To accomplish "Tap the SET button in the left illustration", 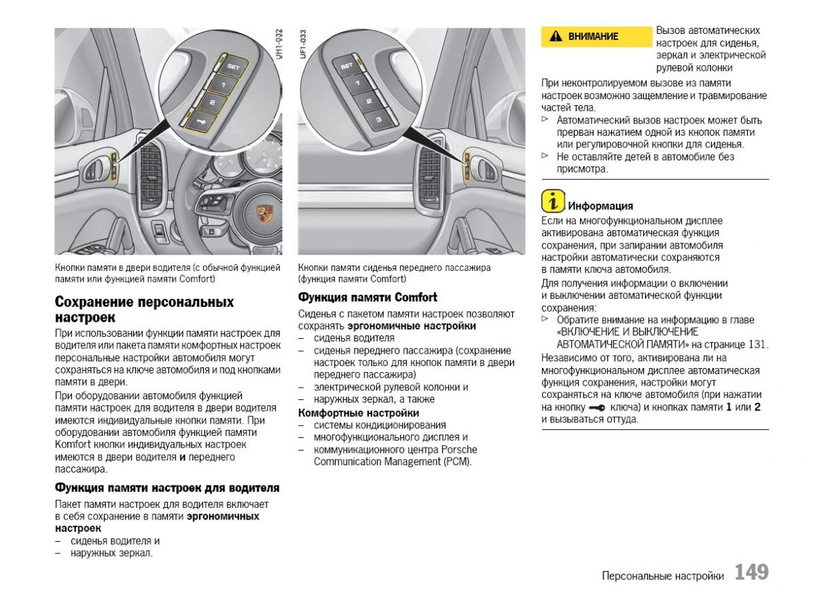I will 232,67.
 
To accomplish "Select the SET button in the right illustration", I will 346,67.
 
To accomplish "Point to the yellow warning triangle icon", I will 556,37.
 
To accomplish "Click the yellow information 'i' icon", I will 553,202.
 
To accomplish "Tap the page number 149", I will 751,572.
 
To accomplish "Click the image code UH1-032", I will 278,45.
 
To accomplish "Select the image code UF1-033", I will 303,45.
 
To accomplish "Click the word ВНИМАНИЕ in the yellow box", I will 593,37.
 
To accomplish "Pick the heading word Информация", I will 600,206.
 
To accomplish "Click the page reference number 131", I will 755,344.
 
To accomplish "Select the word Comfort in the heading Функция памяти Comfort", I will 416,297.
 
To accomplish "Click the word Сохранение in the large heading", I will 96,302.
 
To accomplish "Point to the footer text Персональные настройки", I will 662,576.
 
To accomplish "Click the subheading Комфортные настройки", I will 359,413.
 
